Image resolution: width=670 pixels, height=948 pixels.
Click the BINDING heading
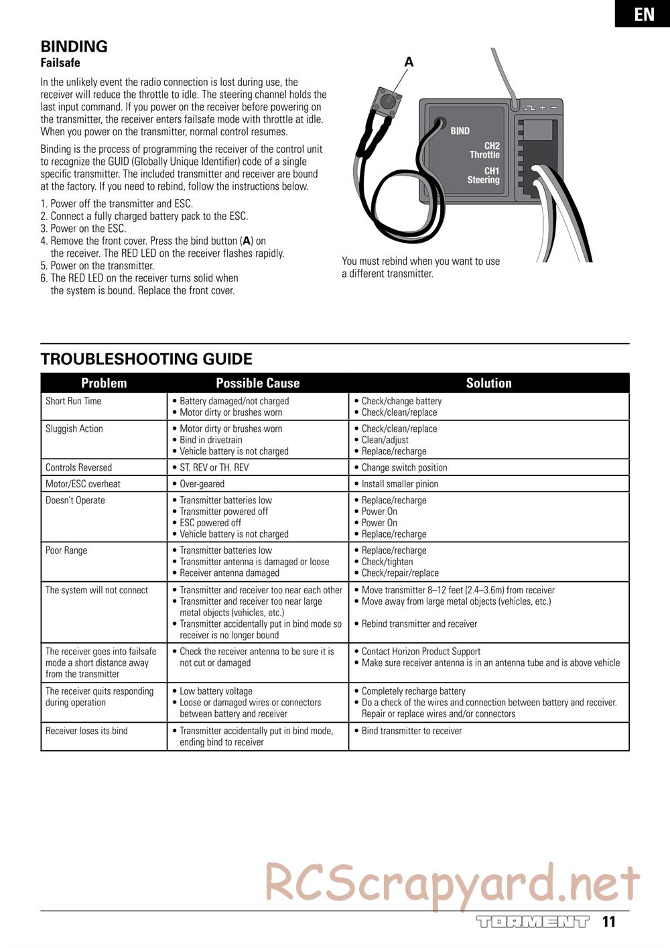coord(74,46)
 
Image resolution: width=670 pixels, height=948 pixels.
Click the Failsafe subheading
coord(60,63)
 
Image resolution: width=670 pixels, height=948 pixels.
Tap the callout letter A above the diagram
coord(409,62)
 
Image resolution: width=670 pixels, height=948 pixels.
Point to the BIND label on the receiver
coord(460,131)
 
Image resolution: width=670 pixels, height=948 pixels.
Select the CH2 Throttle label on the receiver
coord(485,150)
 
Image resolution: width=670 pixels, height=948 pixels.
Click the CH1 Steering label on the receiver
coord(484,176)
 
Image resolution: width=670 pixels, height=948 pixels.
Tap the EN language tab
coord(643,14)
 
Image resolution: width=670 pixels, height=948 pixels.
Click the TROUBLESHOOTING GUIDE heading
coord(146,359)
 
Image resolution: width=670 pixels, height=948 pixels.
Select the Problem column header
coord(104,383)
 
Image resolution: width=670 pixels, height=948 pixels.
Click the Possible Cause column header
coord(257,383)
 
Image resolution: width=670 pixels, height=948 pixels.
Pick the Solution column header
coord(488,383)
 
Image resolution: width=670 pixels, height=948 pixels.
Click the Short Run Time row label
coord(74,401)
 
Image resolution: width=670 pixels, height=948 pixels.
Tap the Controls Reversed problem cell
coord(78,467)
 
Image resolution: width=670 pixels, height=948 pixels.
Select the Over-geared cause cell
coord(202,483)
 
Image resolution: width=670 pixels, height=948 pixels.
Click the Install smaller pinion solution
coord(399,483)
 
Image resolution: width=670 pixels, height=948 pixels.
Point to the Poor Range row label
coord(66,550)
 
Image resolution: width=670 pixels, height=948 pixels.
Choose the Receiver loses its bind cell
coord(86,731)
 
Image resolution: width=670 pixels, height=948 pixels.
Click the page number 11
coord(608,922)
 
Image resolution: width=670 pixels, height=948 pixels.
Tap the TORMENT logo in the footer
coord(533,922)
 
